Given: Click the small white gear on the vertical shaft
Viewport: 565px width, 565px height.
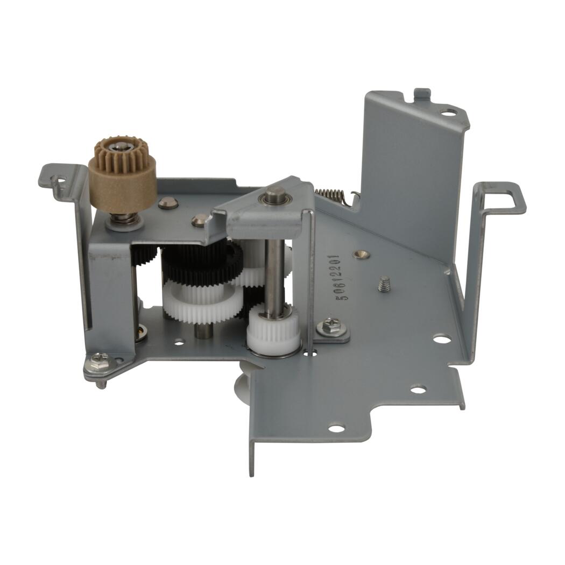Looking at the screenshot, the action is [273, 328].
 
